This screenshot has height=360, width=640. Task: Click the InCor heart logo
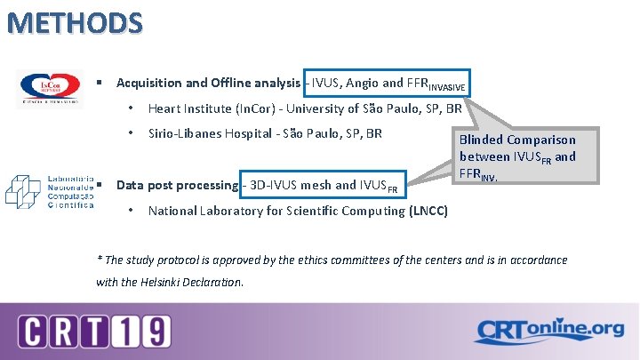51,88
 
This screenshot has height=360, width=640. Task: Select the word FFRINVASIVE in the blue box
435,84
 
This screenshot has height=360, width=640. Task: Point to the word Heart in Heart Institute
165,109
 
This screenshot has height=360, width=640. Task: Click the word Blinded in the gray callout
481,140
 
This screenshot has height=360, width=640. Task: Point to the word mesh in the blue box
316,185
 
